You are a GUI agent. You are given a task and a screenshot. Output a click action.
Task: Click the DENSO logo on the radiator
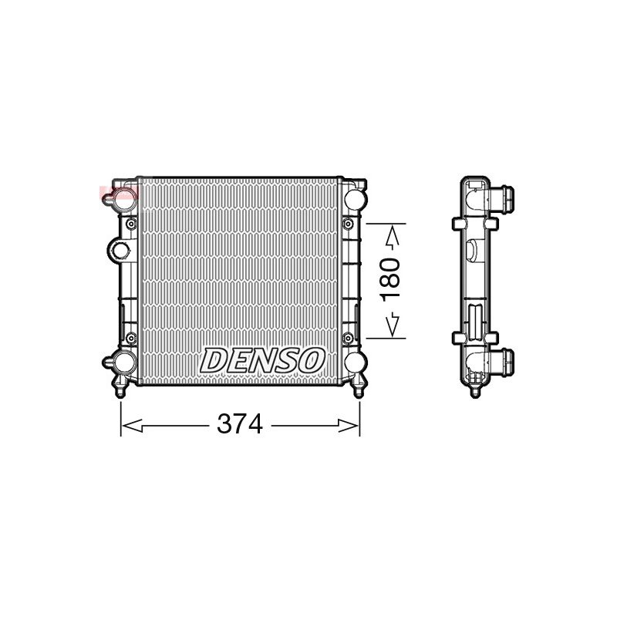click(x=262, y=360)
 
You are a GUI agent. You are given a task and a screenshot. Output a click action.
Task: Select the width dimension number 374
click(x=240, y=424)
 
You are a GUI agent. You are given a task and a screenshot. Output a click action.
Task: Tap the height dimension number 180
click(x=391, y=279)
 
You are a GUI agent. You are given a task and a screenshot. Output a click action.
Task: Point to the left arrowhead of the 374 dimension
click(x=131, y=426)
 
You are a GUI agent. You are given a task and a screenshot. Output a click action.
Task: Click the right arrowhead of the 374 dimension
click(x=349, y=426)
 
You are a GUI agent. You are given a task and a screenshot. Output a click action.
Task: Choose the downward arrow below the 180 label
click(x=393, y=324)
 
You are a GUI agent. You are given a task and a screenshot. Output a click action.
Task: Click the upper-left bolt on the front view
click(x=130, y=224)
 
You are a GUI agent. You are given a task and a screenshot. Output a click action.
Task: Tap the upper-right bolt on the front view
click(x=348, y=224)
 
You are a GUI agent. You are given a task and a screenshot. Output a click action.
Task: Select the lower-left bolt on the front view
click(x=130, y=337)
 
